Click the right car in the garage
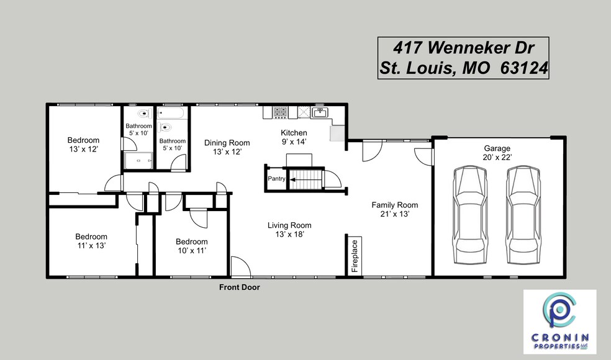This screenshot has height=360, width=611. pos(525,215)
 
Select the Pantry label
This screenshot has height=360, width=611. pos(276,179)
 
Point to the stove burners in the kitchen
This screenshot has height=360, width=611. pos(280,112)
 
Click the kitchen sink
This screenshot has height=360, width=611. pos(320,112)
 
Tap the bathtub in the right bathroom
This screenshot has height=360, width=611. pos(171,114)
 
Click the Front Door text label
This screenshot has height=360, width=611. pos(239,287)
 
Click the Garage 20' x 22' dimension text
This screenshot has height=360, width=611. pos(497,158)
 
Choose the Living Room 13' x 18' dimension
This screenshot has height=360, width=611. pos(289,234)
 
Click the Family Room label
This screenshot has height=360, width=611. pos(395,205)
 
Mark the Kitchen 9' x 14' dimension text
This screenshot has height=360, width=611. pos(294,142)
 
